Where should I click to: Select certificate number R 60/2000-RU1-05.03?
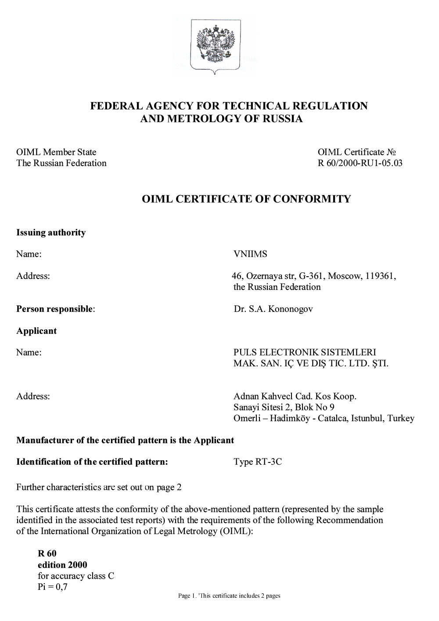point(360,163)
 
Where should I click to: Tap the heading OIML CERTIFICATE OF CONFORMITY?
point(246,199)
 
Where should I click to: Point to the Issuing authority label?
point(51,233)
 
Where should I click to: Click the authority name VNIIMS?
point(250,254)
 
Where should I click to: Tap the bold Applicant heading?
point(36,331)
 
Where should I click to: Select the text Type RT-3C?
point(258,462)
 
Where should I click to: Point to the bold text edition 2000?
point(62,565)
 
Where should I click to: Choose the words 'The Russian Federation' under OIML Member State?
point(61,163)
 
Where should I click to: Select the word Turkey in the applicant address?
point(400,419)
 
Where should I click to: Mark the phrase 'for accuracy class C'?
point(76,576)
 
